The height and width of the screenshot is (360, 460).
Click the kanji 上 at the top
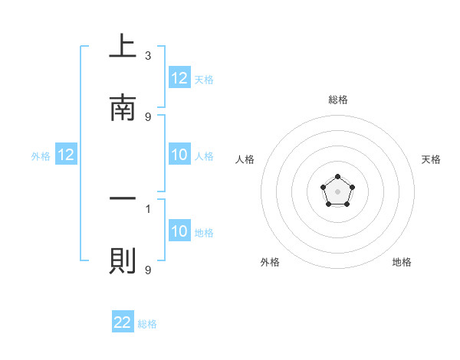click(123, 47)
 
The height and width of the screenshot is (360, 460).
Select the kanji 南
click(123, 108)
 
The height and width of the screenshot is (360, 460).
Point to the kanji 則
click(123, 260)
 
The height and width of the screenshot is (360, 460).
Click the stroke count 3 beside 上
click(148, 56)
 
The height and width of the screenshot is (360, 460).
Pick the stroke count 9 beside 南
click(148, 116)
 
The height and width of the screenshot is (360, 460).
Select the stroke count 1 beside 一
click(148, 208)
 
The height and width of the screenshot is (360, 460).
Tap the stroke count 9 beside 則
click(148, 269)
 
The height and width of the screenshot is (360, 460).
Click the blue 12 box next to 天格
click(179, 78)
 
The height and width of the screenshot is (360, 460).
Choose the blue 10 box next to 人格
click(179, 155)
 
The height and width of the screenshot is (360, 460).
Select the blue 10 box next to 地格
click(179, 231)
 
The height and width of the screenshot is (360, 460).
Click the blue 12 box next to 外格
click(66, 155)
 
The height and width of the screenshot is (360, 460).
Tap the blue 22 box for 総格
click(123, 322)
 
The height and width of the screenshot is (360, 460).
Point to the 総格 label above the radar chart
click(337, 100)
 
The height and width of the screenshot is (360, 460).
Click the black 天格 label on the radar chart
click(431, 159)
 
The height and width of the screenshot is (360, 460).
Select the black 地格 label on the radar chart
click(402, 262)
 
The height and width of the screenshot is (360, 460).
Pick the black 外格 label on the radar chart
click(270, 262)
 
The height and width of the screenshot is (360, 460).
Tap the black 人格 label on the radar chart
click(245, 159)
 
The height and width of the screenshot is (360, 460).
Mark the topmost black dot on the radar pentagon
click(337, 178)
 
